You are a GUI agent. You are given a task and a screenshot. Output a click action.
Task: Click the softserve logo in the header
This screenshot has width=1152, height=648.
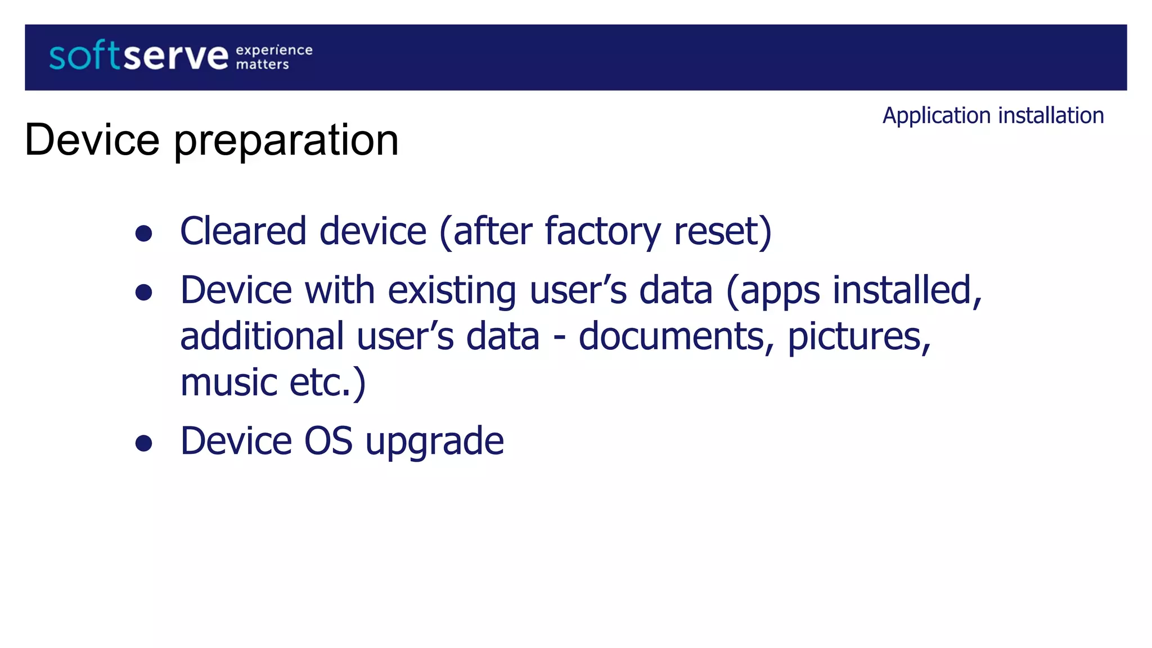(x=138, y=57)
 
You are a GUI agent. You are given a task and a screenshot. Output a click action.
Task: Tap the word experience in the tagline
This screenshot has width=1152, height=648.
(x=274, y=50)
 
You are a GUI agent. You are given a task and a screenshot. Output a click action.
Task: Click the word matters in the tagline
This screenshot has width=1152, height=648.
(x=262, y=65)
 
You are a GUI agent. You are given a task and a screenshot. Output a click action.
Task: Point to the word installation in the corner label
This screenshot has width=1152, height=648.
(x=1051, y=115)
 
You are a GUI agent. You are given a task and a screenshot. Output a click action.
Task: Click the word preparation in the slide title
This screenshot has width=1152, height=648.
(x=286, y=141)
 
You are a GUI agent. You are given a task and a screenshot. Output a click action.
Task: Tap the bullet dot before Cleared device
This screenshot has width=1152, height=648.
(x=144, y=233)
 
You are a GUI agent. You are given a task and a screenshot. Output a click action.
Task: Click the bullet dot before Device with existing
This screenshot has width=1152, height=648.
(x=144, y=292)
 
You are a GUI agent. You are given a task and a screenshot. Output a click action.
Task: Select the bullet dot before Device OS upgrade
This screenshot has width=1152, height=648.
(x=144, y=443)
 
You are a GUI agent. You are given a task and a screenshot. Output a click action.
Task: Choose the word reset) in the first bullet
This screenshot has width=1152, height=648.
(x=723, y=231)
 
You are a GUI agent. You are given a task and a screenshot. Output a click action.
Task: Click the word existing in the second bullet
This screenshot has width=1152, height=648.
(x=452, y=291)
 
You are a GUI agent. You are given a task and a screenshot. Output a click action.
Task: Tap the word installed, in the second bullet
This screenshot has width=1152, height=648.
(x=907, y=290)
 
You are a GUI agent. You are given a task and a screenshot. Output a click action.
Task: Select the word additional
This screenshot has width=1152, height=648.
(x=262, y=336)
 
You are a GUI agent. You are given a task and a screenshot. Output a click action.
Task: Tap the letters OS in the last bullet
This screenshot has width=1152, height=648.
(x=328, y=441)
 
